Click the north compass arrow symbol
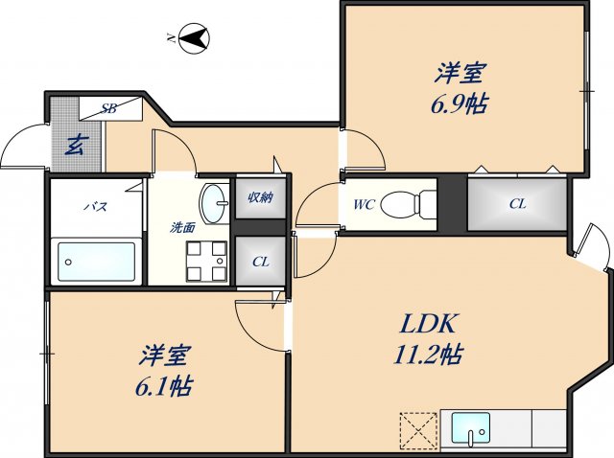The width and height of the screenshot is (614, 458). pos(195,39)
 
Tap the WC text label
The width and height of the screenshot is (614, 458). pos(363,204)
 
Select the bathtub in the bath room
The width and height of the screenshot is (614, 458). pos(96,261)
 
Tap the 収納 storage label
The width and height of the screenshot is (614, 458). pos(260,198)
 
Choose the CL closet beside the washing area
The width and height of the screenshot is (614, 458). pos(260,262)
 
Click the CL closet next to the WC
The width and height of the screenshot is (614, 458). pos(517,203)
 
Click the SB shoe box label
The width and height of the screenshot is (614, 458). pos(109,109)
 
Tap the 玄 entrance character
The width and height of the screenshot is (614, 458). pos(75,146)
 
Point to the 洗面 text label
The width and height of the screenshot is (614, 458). pos(182,228)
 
